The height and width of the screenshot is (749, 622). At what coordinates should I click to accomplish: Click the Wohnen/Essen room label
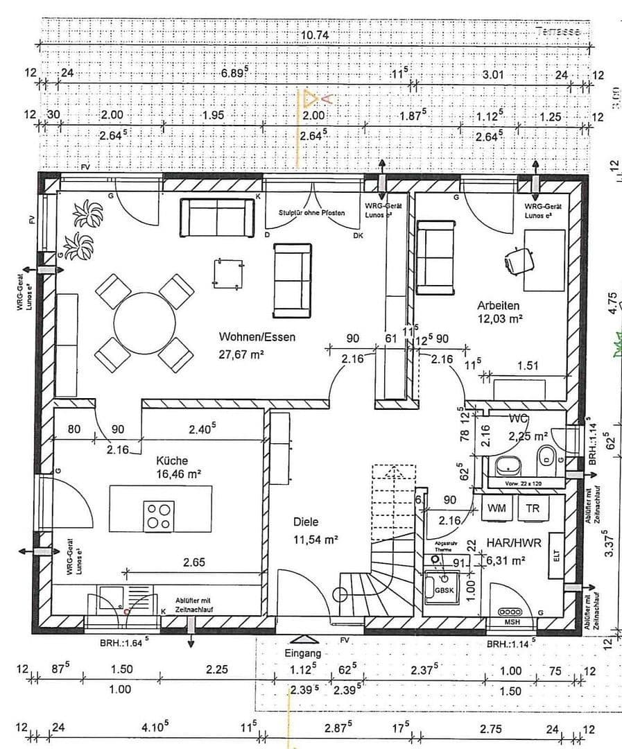(x=257, y=337)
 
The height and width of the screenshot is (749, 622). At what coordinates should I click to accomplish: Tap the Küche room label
(x=172, y=460)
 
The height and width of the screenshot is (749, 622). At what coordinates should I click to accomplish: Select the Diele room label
(x=305, y=522)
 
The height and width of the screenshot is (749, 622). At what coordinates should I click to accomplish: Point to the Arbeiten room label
(x=498, y=305)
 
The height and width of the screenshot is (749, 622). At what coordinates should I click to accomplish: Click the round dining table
(x=144, y=322)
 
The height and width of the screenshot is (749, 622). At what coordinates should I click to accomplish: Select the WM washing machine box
(x=496, y=508)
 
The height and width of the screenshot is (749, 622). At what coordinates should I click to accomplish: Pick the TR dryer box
(x=533, y=508)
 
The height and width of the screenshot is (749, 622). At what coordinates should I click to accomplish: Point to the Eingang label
(x=303, y=653)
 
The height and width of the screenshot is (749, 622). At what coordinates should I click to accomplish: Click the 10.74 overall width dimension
(x=314, y=35)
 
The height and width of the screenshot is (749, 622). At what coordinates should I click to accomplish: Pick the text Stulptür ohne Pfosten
(x=311, y=213)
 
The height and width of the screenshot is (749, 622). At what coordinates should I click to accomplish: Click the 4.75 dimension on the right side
(x=612, y=304)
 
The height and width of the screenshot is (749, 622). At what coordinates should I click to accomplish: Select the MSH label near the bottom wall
(x=512, y=622)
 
